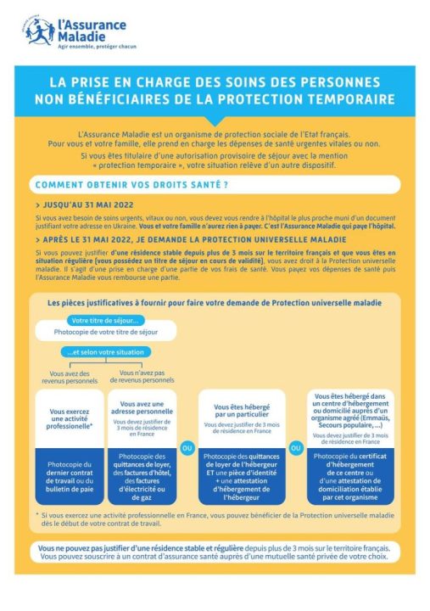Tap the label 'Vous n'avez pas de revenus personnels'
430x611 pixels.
(141, 376)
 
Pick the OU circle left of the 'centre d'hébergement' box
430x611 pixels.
(297, 447)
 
